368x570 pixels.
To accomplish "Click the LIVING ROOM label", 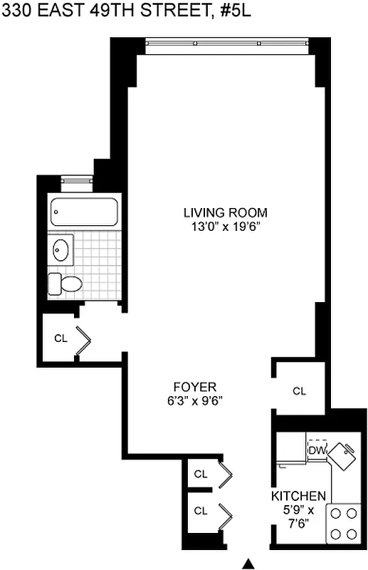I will click(x=225, y=212).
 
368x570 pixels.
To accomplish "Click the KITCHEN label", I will click(x=298, y=495).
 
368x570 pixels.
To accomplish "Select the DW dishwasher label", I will click(x=316, y=451).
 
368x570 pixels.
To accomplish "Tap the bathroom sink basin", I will click(x=61, y=249).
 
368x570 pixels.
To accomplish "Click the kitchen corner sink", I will click(x=347, y=455).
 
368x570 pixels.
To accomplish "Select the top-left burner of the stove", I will click(x=335, y=513).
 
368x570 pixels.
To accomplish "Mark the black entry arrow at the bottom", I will click(x=248, y=564).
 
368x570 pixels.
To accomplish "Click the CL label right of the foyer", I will click(x=299, y=390).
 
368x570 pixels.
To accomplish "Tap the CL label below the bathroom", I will click(x=61, y=338).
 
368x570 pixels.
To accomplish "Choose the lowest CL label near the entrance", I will click(x=201, y=510).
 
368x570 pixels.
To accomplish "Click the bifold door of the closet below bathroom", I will click(x=83, y=339).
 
